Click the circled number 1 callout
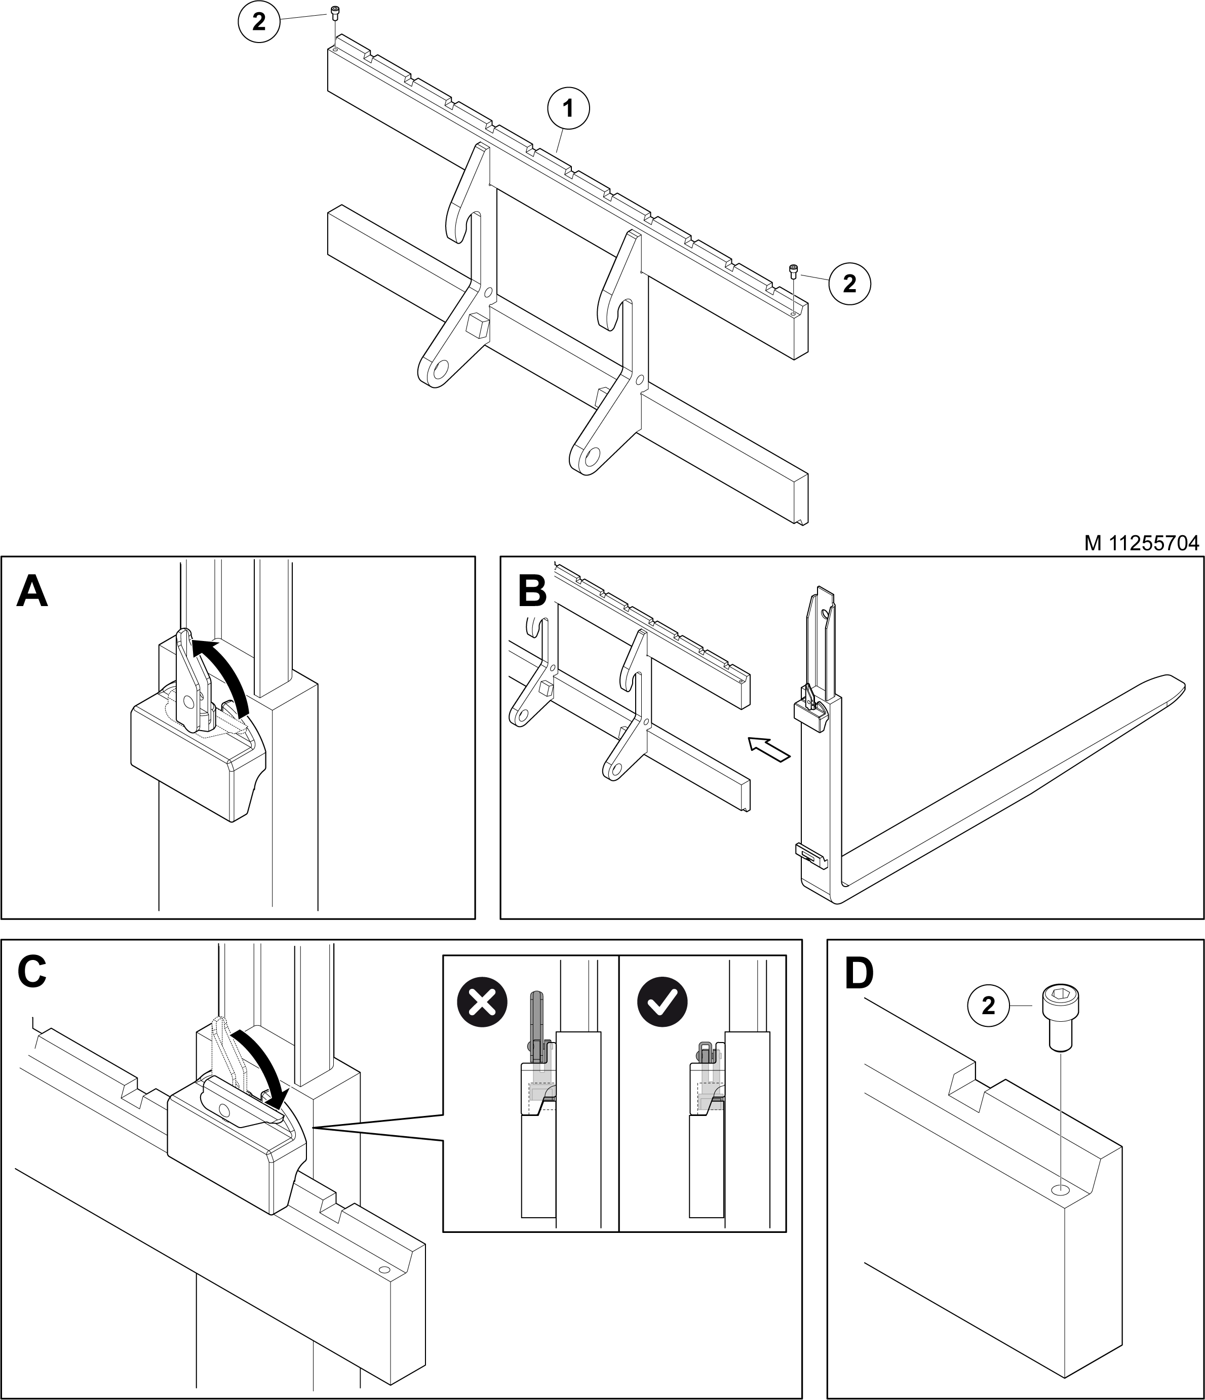pos(568,108)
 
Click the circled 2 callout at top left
pos(259,22)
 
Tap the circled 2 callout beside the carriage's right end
pos(849,283)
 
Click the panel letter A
pos(32,591)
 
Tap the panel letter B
pos(531,591)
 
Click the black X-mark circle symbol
pos(482,1002)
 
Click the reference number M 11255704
pos(1142,543)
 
